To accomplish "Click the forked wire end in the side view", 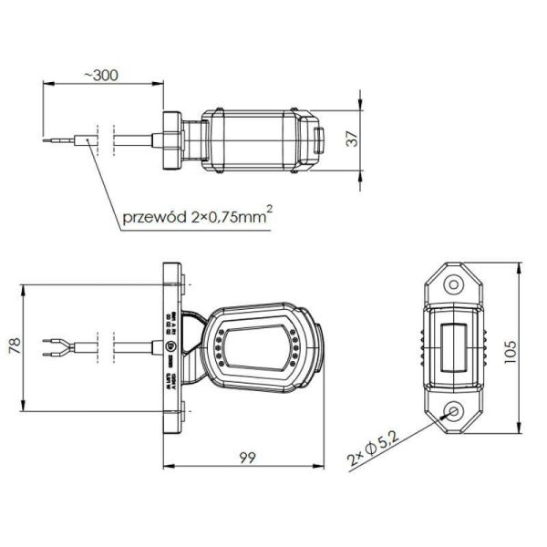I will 51,346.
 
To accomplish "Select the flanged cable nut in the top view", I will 171,140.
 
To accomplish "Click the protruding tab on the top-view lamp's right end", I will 319,140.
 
